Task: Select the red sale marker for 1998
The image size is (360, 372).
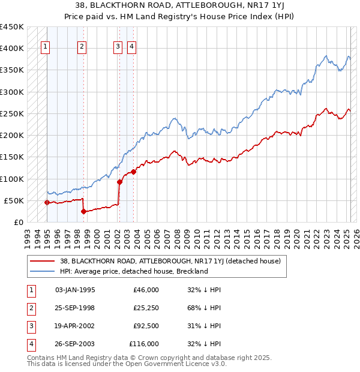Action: (x=83, y=211)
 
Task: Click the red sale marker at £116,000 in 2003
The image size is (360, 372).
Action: (x=134, y=172)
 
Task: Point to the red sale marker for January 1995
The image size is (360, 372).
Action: (x=47, y=202)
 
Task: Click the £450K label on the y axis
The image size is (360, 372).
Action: (x=11, y=27)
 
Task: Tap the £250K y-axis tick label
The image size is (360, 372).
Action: (x=11, y=113)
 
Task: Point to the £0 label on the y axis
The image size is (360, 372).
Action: (x=18, y=222)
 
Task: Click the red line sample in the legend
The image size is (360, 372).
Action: (x=41, y=261)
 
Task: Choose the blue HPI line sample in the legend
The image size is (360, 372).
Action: (x=41, y=271)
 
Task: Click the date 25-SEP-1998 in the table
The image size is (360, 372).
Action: (x=75, y=308)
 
